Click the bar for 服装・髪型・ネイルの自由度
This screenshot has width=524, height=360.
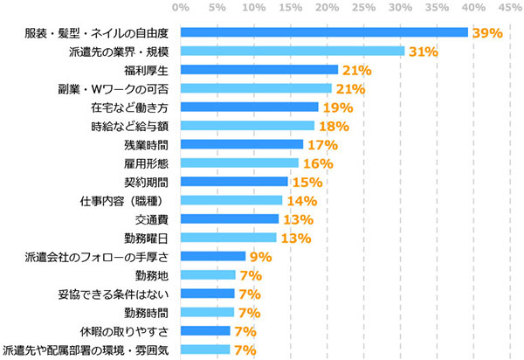click(x=324, y=32)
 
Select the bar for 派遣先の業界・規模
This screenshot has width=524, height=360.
click(x=293, y=52)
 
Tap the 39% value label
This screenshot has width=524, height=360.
click(x=486, y=33)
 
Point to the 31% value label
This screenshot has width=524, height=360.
click(x=423, y=52)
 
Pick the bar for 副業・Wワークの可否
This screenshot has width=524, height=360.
click(x=257, y=88)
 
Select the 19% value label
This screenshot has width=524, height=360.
click(x=336, y=107)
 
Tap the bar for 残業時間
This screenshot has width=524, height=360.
click(x=242, y=144)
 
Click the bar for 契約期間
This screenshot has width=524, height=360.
click(x=234, y=182)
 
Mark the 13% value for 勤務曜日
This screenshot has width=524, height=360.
click(x=293, y=238)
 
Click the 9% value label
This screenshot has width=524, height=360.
click(x=260, y=257)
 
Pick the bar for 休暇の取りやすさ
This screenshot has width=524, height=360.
click(x=206, y=331)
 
